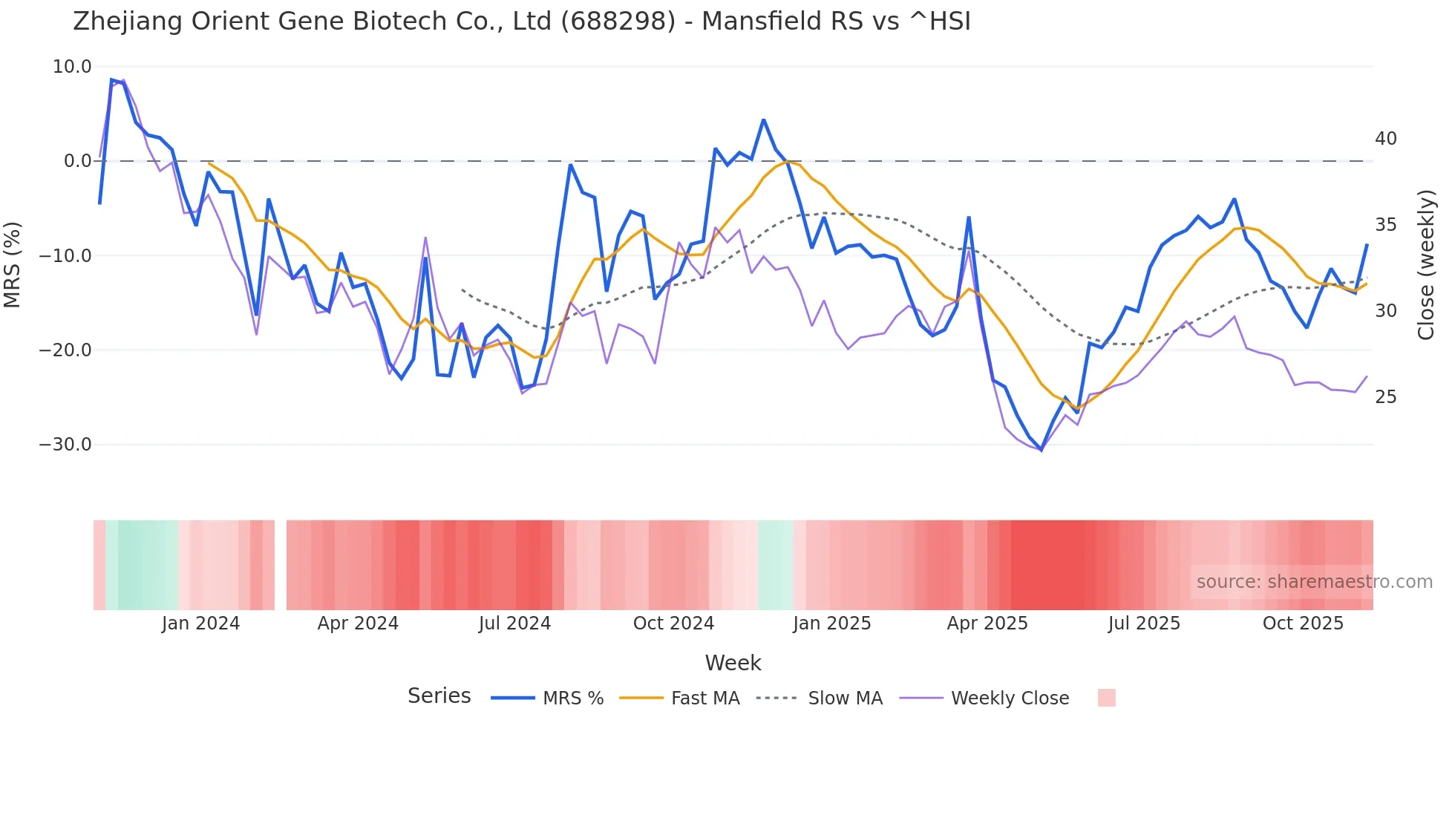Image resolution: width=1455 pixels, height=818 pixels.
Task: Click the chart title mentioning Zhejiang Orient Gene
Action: [x=521, y=21]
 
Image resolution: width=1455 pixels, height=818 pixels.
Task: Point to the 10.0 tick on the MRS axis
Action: [x=72, y=67]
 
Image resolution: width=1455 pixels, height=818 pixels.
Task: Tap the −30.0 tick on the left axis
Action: [x=65, y=445]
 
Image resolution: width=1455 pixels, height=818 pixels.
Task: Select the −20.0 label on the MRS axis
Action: [x=65, y=350]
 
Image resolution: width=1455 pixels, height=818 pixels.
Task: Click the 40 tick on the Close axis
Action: [x=1385, y=139]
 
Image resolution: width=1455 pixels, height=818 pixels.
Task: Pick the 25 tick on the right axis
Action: [x=1385, y=397]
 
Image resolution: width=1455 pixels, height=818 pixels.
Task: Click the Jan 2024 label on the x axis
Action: [x=200, y=624]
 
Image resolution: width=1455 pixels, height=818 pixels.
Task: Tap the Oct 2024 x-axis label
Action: [x=673, y=624]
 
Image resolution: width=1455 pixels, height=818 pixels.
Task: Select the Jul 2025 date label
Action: [x=1144, y=624]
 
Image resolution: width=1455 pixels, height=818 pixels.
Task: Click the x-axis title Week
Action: [x=733, y=663]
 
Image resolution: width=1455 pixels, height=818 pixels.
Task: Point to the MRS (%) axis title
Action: [x=13, y=264]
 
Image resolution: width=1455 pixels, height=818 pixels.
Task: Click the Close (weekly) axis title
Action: [x=1425, y=265]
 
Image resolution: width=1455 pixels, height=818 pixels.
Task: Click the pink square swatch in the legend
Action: [x=1106, y=698]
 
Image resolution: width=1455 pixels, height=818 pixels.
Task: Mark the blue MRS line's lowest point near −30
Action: [x=1042, y=450]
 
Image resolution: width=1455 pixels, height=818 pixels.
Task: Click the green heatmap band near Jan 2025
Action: [x=776, y=565]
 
